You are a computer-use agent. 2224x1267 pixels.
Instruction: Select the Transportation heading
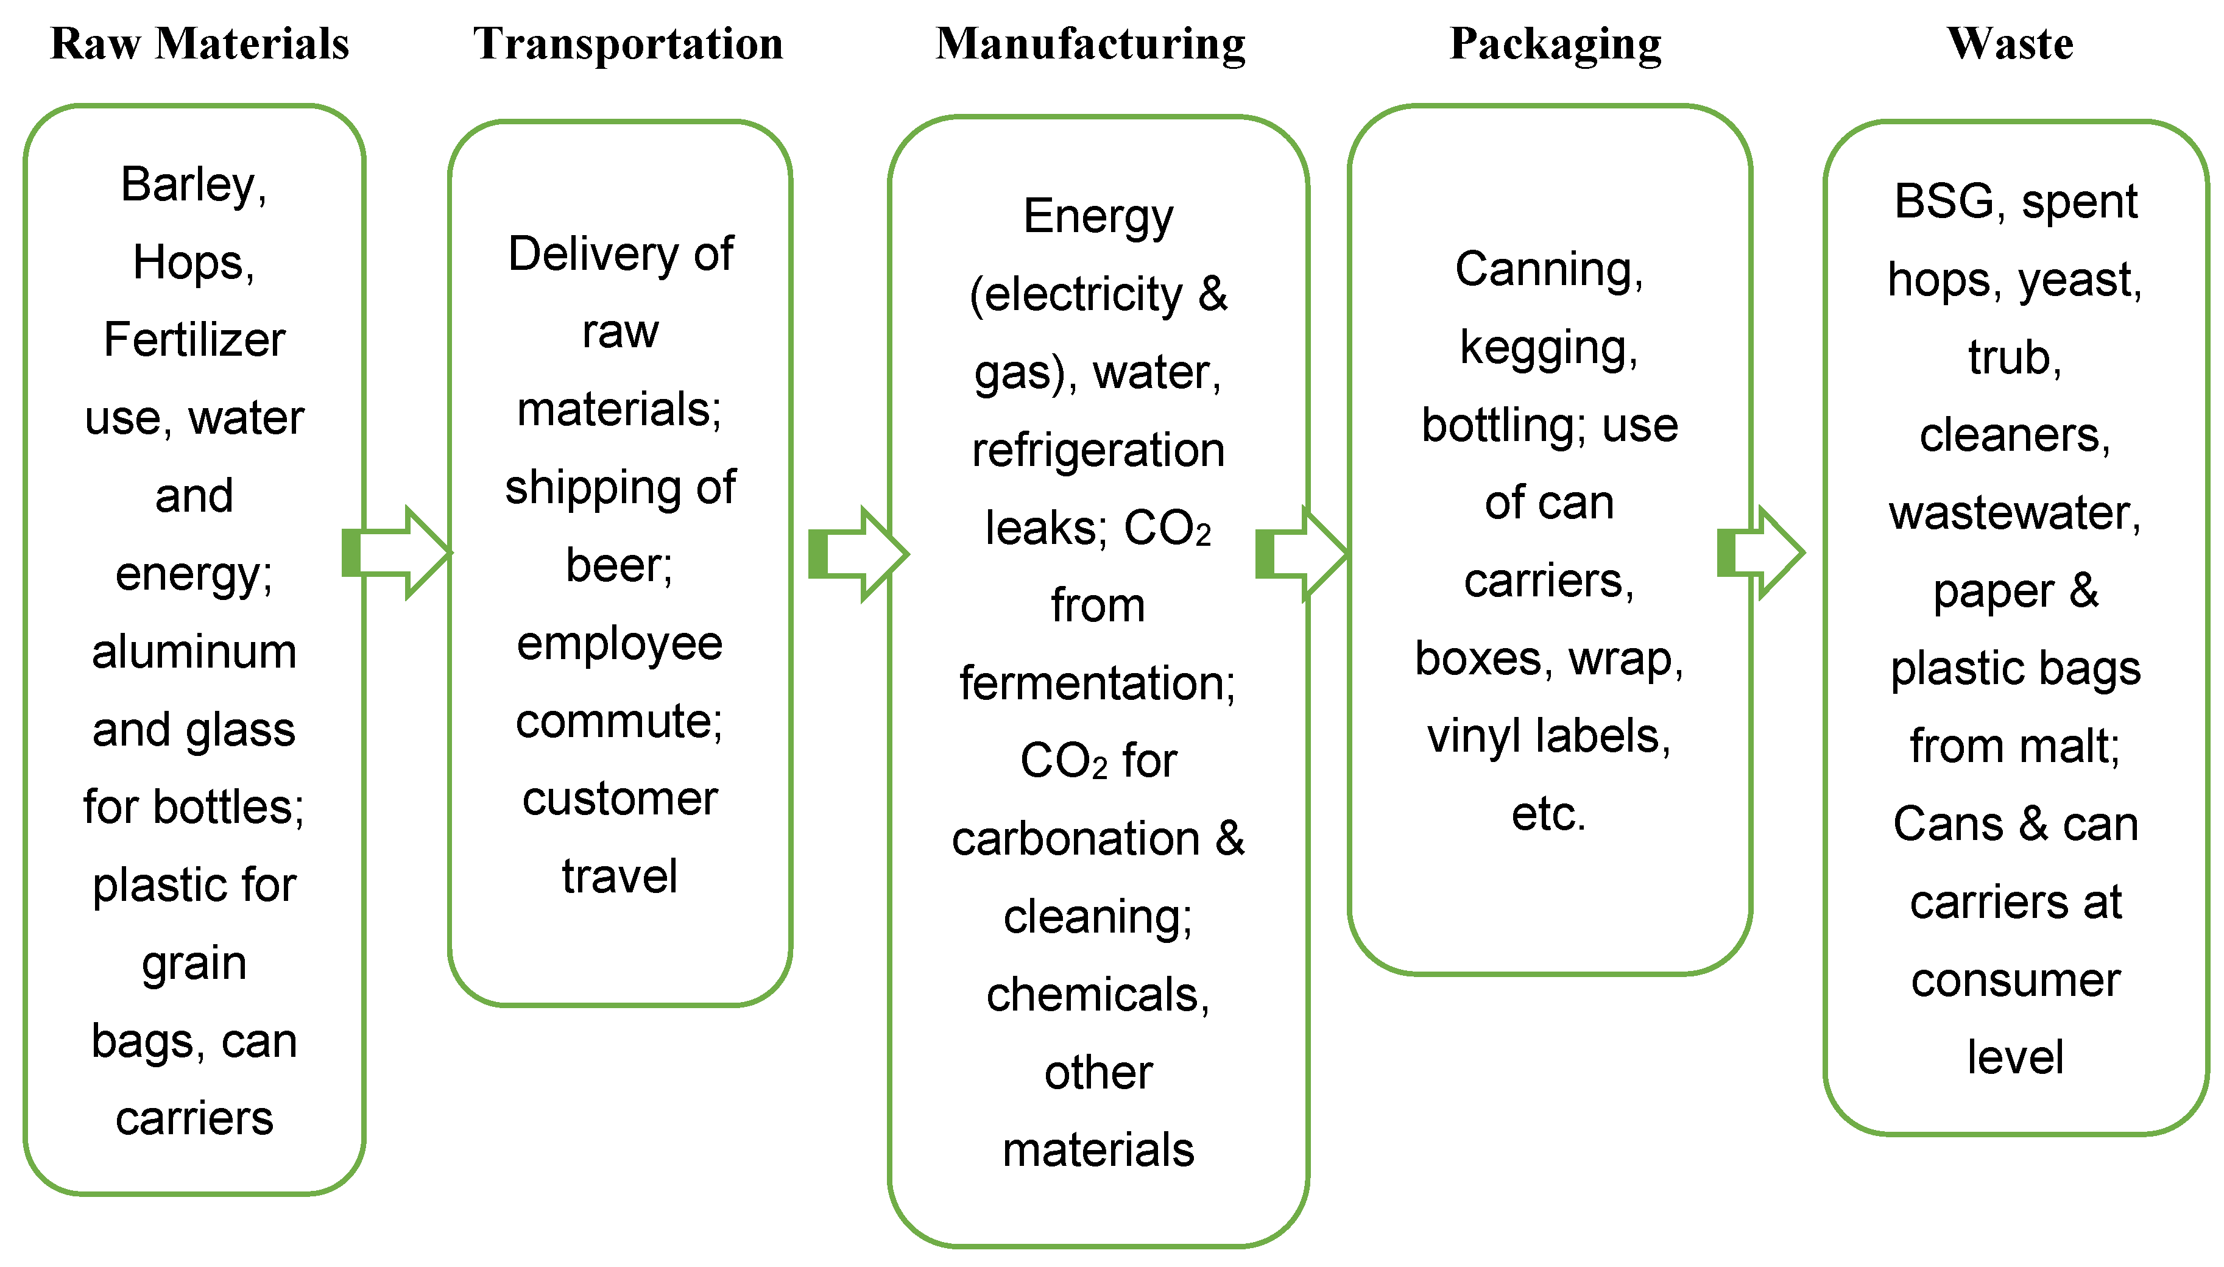tap(627, 43)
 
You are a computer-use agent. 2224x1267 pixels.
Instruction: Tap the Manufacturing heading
tap(1090, 43)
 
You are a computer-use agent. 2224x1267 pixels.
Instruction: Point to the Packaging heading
tap(1555, 43)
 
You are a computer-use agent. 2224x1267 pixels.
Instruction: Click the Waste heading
tap(2010, 43)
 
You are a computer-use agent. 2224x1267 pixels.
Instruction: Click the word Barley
tap(187, 185)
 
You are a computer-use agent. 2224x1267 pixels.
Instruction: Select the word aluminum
tap(194, 651)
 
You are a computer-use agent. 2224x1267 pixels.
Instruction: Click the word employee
tap(620, 644)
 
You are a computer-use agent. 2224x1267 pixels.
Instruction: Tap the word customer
tap(620, 799)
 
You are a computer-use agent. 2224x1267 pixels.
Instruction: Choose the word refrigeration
tap(1098, 451)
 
